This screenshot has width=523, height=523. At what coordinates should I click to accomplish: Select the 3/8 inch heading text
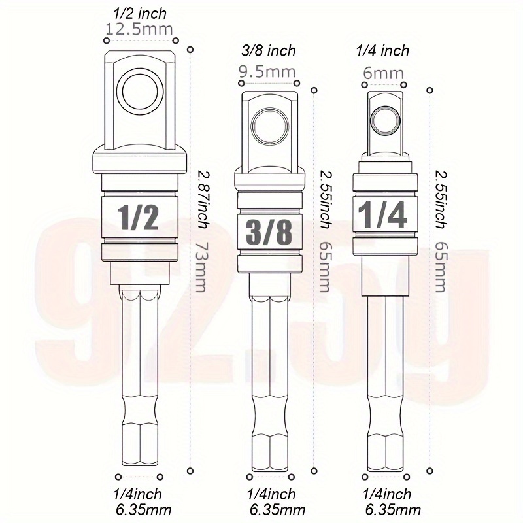[269, 51]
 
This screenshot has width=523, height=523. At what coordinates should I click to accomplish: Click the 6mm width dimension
[383, 73]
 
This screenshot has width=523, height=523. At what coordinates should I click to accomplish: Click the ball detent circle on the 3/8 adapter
[269, 124]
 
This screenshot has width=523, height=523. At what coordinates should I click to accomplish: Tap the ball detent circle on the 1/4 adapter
[384, 120]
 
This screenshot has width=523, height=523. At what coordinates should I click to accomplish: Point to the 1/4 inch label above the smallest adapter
[383, 51]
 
